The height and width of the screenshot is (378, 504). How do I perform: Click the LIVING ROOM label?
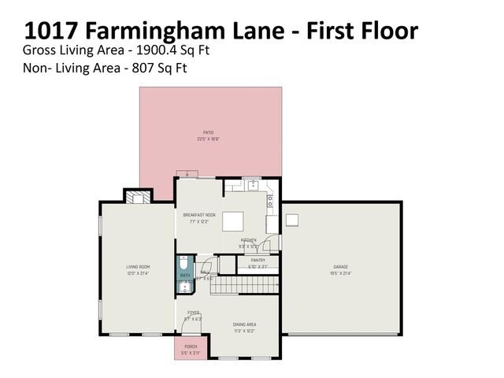pyautogui.click(x=138, y=267)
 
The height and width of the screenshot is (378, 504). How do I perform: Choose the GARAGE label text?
pyautogui.click(x=340, y=267)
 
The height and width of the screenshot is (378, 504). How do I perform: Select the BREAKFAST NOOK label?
pyautogui.click(x=199, y=215)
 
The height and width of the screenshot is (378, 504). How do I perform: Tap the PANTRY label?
pyautogui.click(x=258, y=260)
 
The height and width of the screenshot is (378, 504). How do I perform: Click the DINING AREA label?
pyautogui.click(x=244, y=324)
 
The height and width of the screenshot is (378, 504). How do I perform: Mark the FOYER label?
pyautogui.click(x=194, y=313)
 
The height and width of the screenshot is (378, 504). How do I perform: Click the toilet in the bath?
pyautogui.click(x=184, y=265)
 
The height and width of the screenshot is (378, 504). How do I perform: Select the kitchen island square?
pyautogui.click(x=233, y=221)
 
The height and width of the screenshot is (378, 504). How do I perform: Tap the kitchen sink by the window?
pyautogui.click(x=251, y=186)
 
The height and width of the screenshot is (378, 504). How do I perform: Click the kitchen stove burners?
pyautogui.click(x=270, y=201)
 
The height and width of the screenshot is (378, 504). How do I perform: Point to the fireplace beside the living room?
pyautogui.click(x=136, y=198)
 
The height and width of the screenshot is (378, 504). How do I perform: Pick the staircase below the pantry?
pyautogui.click(x=245, y=284)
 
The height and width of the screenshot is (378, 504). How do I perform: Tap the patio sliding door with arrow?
pyautogui.click(x=186, y=174)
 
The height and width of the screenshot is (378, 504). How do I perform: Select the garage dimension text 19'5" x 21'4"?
pyautogui.click(x=340, y=272)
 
